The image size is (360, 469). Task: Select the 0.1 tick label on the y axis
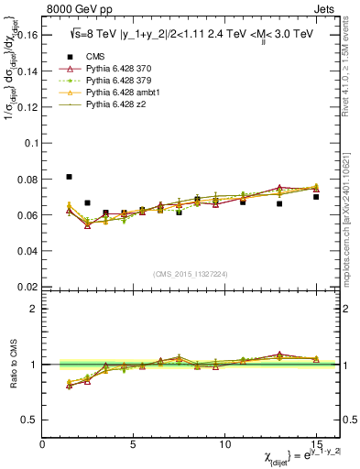coord(32,143)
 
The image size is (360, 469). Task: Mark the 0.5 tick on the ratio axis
coord(32,420)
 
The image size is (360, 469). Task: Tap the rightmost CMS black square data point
coord(316,197)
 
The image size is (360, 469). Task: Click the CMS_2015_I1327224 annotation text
coord(190,272)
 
